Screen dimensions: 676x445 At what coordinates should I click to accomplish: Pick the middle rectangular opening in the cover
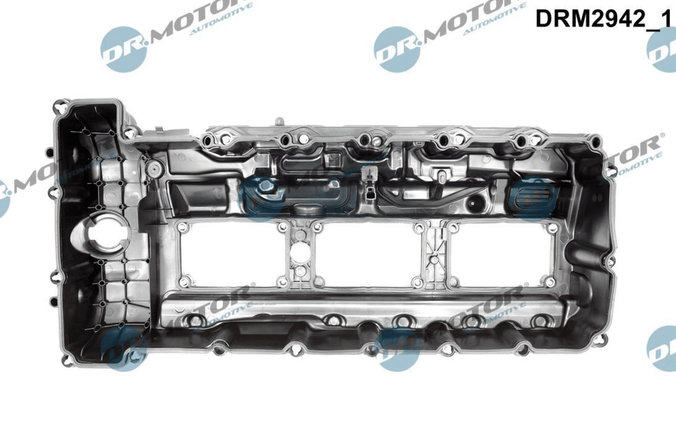point(366,254)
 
